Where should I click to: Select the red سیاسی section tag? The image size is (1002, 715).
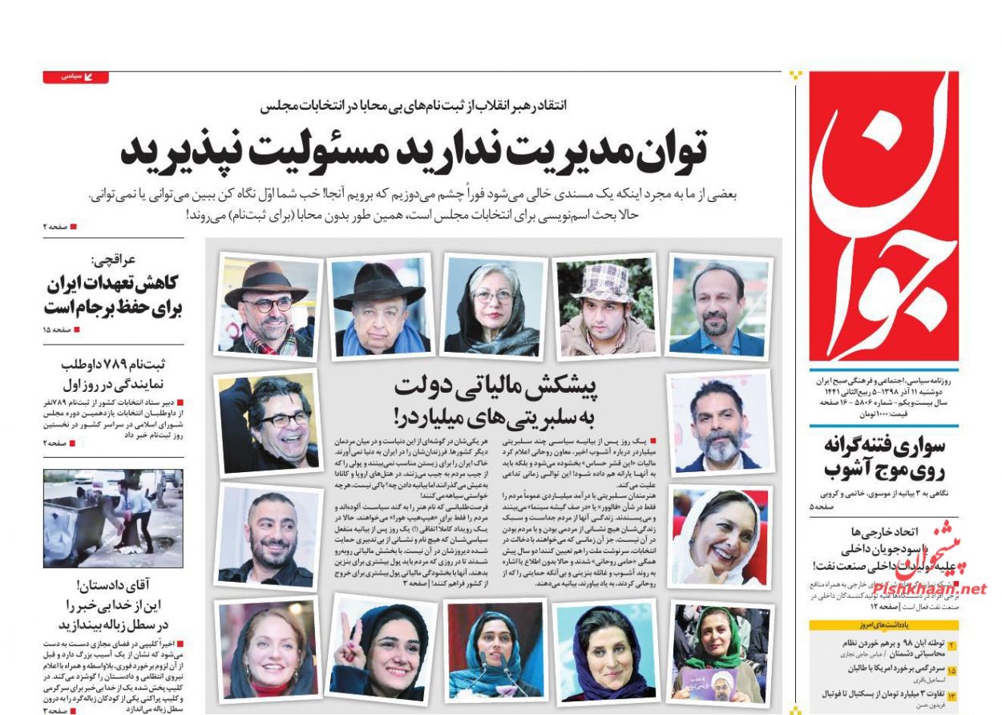click(75, 77)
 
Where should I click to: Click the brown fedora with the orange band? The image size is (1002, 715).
click(266, 282)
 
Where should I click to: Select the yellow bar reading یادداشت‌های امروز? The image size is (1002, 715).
click(883, 625)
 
